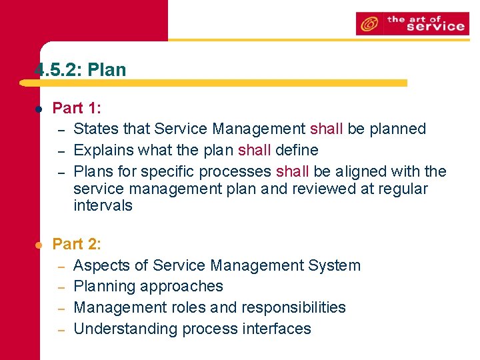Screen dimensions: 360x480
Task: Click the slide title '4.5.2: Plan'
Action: click(80, 69)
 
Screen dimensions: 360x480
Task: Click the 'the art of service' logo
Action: click(412, 24)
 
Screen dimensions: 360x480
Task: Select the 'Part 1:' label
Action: click(77, 108)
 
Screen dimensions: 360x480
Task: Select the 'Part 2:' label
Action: click(77, 244)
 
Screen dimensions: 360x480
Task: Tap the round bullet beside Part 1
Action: click(39, 109)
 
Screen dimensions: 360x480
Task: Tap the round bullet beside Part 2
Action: click(39, 245)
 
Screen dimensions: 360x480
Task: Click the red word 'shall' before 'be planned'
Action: click(327, 129)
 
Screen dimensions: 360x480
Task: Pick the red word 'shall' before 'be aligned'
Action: click(294, 171)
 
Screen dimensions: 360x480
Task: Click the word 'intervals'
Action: click(103, 205)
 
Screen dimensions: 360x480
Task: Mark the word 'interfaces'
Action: click(278, 329)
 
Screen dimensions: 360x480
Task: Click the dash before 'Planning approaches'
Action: click(59, 287)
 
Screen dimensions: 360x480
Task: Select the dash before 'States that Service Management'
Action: click(59, 130)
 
